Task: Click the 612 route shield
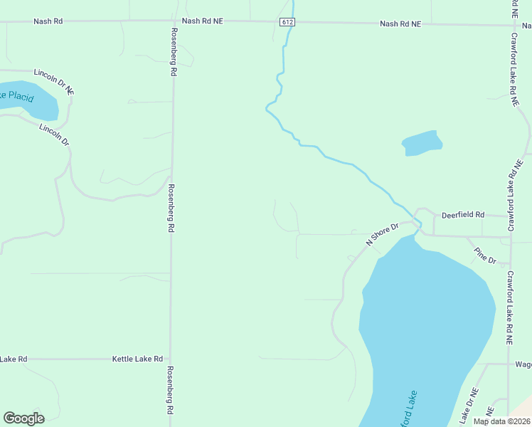287,22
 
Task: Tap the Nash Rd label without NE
48,21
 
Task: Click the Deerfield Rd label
462,214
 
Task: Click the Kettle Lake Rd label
137,359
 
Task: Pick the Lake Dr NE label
469,403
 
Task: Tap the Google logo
23,418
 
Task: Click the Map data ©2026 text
501,421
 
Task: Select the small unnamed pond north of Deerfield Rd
422,142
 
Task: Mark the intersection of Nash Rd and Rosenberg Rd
173,21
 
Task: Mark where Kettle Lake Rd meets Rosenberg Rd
171,359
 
